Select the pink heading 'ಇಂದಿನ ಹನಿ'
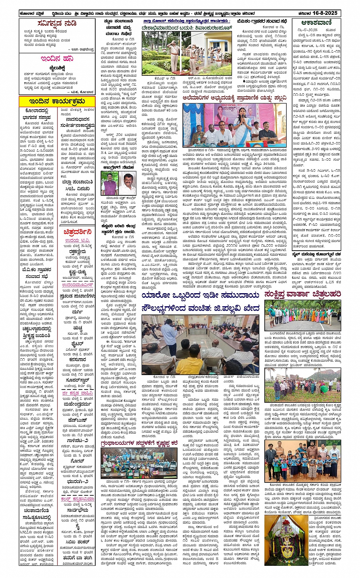pos(57,59)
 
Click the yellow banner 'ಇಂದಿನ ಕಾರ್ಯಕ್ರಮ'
pos(57,102)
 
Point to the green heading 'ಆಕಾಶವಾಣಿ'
pos(316,23)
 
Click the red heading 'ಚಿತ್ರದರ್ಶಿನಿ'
pos(77,231)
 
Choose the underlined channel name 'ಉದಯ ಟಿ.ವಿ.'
pos(77,240)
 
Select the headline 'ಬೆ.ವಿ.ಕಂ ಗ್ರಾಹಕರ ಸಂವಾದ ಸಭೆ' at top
pos(260,22)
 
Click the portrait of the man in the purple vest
pos(109,183)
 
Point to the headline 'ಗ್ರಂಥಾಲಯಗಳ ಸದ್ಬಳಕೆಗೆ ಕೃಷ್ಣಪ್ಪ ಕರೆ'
pos(139,443)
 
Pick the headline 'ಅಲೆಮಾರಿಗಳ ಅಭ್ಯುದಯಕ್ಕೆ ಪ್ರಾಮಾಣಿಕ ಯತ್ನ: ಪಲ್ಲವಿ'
pos(234,98)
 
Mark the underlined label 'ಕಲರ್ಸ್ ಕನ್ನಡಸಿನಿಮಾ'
pos(77,499)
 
